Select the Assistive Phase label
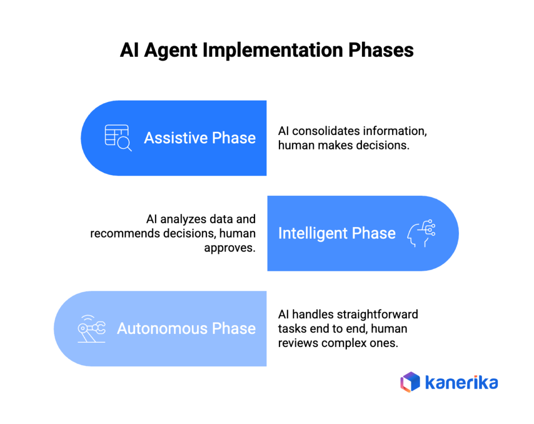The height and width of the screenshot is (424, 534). coord(200,138)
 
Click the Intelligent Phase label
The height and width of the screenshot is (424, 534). coord(336,233)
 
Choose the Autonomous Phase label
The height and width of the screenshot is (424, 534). coord(186,329)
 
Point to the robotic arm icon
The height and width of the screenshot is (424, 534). coord(91,329)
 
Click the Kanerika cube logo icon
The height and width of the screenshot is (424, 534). coord(410,382)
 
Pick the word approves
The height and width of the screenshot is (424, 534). coord(229,247)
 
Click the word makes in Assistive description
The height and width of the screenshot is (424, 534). coord(333,145)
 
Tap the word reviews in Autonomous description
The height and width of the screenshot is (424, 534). coord(296,343)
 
